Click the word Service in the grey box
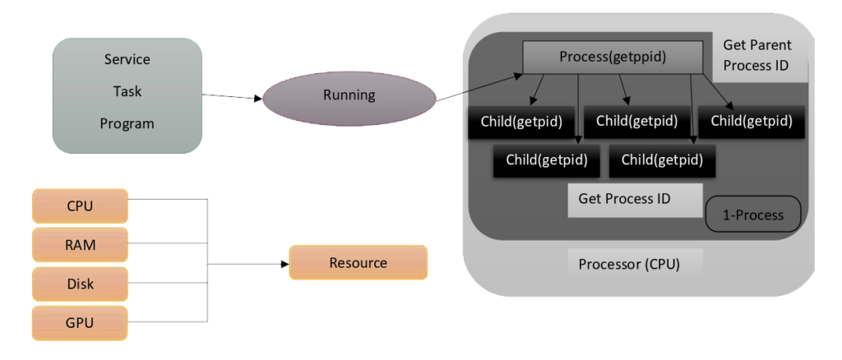coord(127,60)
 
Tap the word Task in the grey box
coord(127,91)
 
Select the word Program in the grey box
coord(127,123)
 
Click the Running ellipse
coord(349,95)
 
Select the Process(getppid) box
coord(613,57)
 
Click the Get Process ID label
coord(624,198)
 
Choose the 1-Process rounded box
coord(752,215)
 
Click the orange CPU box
coord(80,205)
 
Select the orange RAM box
coord(80,245)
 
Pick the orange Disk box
coord(80,284)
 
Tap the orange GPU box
coord(80,322)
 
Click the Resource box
coord(358,263)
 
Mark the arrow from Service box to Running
coord(232,97)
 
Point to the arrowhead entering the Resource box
coord(284,264)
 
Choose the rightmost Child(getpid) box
coord(751,122)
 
